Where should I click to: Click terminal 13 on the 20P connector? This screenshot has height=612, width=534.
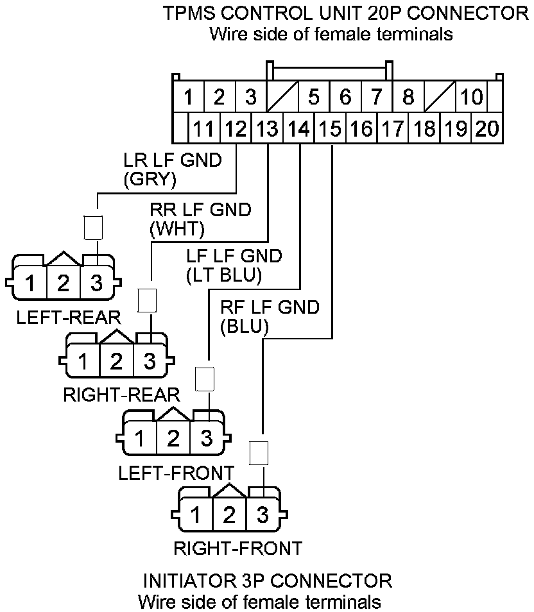pyautogui.click(x=267, y=129)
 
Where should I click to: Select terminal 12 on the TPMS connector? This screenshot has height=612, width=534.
pyautogui.click(x=235, y=129)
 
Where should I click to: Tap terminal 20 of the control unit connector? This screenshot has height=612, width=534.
pyautogui.click(x=487, y=129)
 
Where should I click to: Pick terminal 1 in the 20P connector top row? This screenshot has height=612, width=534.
pyautogui.click(x=188, y=98)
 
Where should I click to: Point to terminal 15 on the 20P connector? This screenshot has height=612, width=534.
pyautogui.click(x=330, y=129)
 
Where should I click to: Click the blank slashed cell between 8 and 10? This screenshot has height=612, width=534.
pyautogui.click(x=440, y=98)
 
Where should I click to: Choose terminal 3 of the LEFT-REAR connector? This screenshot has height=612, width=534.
pyautogui.click(x=96, y=283)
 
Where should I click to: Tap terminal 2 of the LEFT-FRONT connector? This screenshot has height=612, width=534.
pyautogui.click(x=173, y=439)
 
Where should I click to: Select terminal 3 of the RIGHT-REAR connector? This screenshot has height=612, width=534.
pyautogui.click(x=150, y=361)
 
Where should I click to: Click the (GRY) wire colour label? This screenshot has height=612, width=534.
pyautogui.click(x=150, y=180)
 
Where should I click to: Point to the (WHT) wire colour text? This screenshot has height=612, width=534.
pyautogui.click(x=177, y=228)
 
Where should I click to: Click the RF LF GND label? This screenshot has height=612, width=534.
pyautogui.click(x=270, y=307)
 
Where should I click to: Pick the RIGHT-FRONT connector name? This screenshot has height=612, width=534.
pyautogui.click(x=237, y=548)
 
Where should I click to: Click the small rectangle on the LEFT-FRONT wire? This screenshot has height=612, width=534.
pyautogui.click(x=205, y=379)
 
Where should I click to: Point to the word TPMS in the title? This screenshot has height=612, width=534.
pyautogui.click(x=188, y=13)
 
